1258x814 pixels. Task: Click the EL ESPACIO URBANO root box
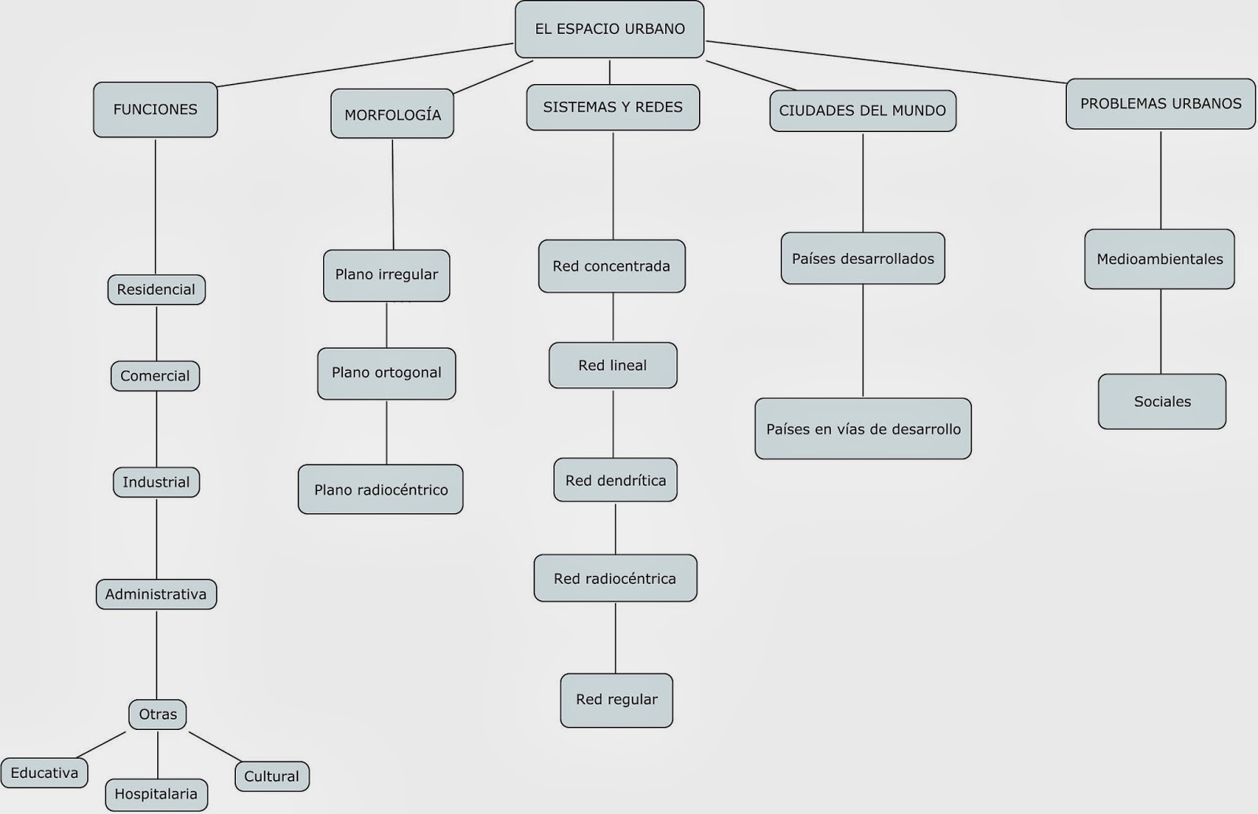[x=609, y=29]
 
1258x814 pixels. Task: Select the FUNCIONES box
[x=155, y=110]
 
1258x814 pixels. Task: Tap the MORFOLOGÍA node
[x=392, y=115]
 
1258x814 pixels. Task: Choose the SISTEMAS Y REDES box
[x=612, y=108]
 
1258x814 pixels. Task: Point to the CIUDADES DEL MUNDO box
[x=863, y=111]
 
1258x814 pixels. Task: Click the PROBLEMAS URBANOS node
[x=1161, y=104]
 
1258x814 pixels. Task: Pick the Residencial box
[x=156, y=289]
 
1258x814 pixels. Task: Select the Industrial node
[x=156, y=482]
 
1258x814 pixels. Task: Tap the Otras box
[x=158, y=714]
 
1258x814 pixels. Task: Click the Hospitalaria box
[x=156, y=794]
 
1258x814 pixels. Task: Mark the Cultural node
[x=271, y=776]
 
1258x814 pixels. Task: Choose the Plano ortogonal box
[x=386, y=373]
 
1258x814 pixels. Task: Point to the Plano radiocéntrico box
[x=381, y=489]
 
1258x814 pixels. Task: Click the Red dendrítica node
[x=615, y=480]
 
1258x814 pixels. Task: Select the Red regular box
[x=616, y=699]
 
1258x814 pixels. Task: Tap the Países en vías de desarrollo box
[x=863, y=429]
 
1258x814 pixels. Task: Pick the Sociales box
[x=1162, y=401]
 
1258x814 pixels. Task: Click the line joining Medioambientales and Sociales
[x=1161, y=332]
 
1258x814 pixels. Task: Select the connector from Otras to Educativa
[x=102, y=744]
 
